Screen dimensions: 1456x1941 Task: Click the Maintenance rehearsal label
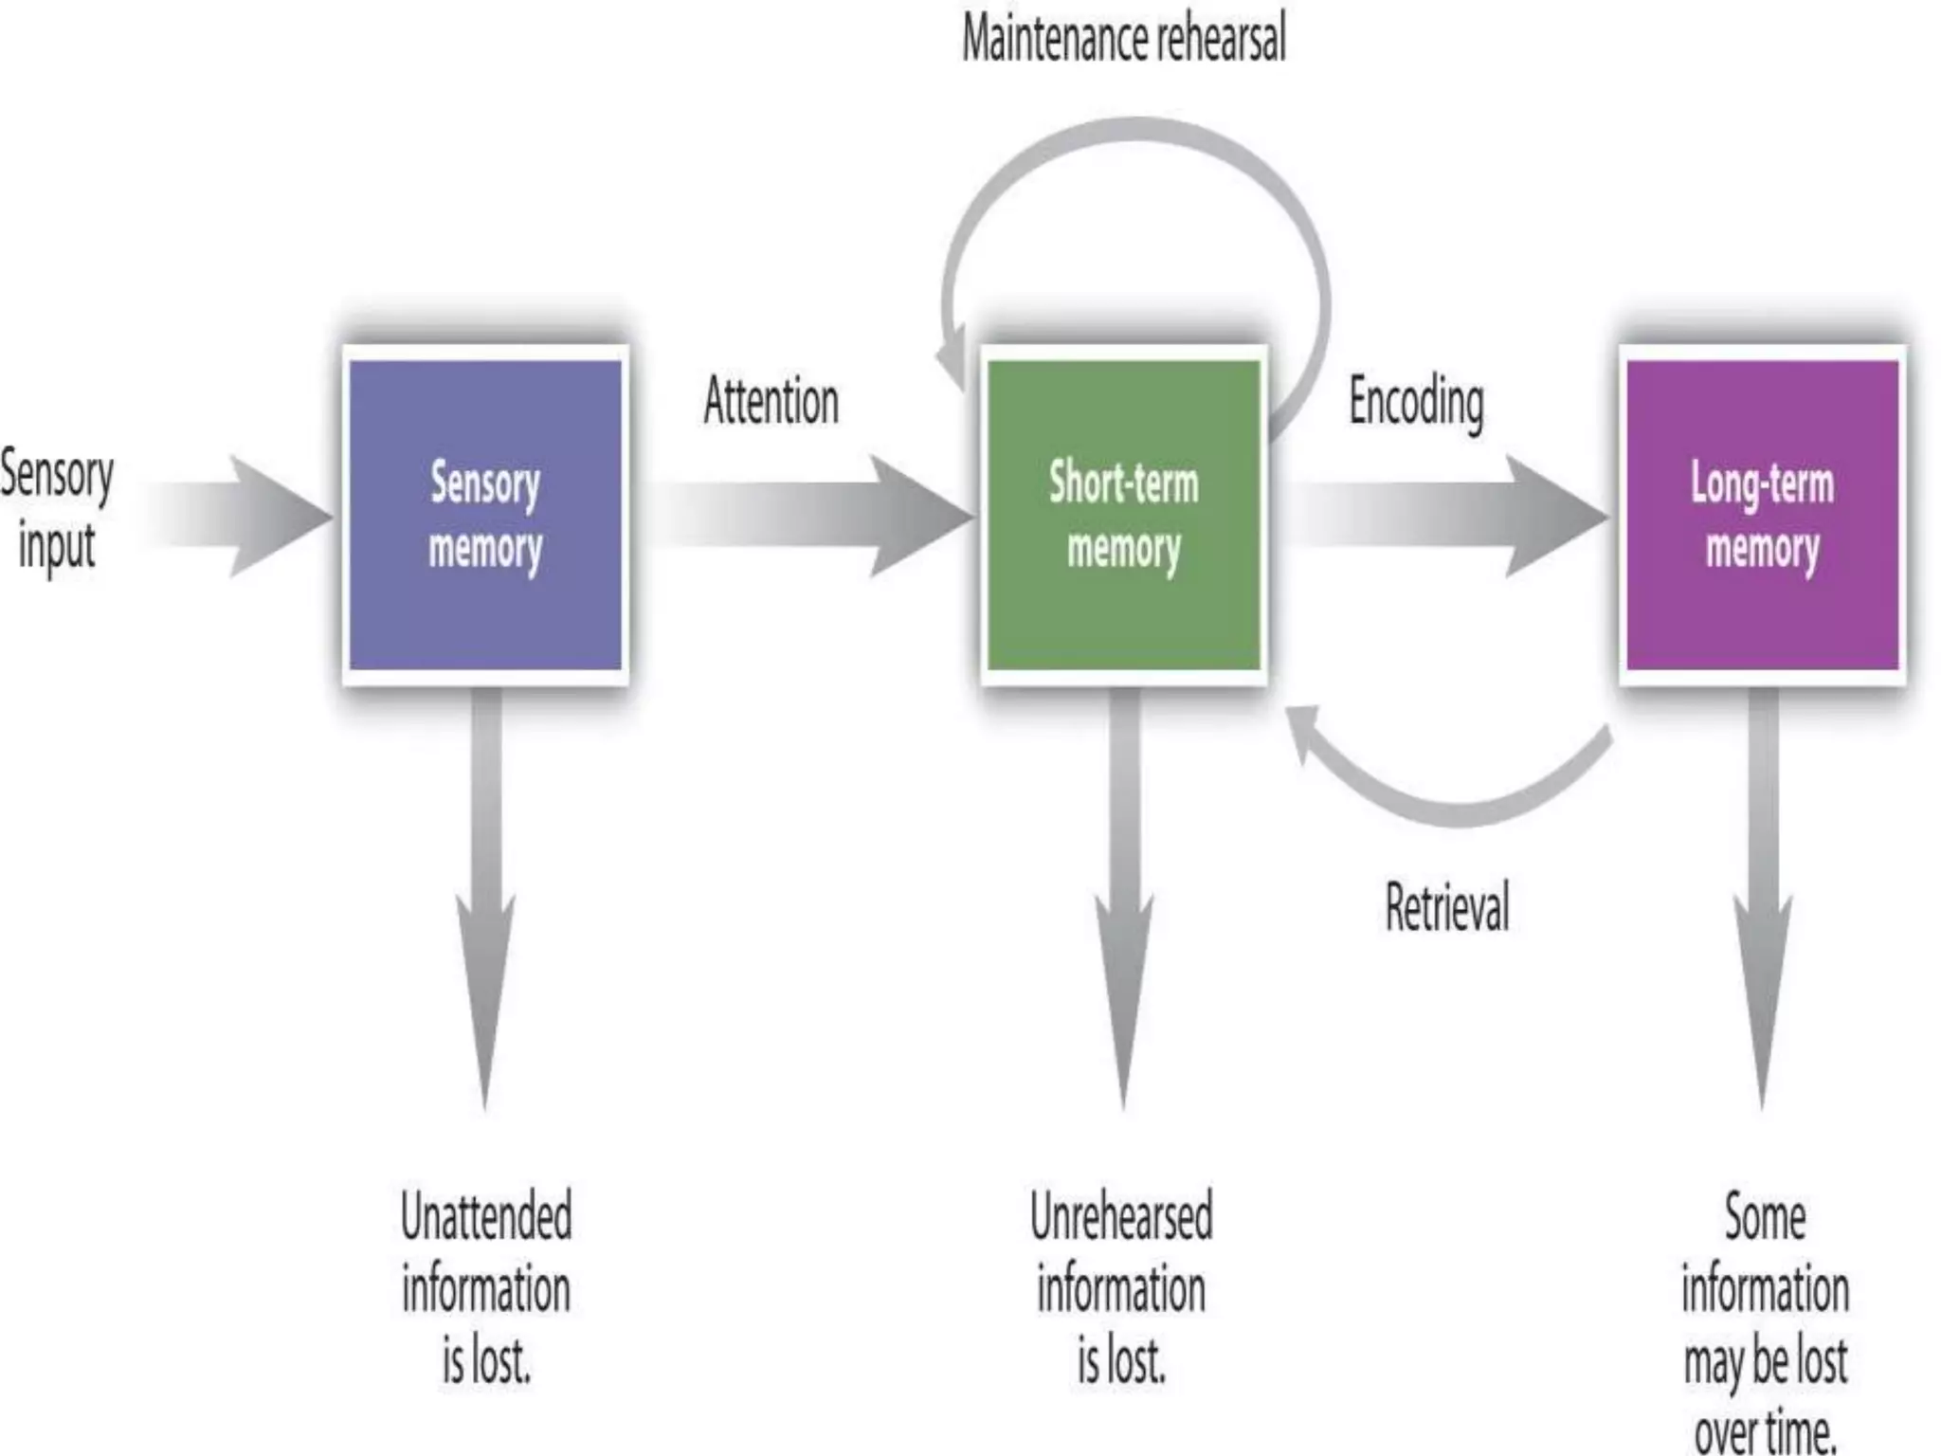point(1124,40)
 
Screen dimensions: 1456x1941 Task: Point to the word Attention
point(771,401)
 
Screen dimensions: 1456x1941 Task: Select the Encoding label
point(1416,403)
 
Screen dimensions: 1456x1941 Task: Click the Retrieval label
point(1446,907)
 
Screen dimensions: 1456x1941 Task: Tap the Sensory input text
point(57,510)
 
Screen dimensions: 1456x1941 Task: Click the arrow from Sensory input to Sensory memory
point(237,517)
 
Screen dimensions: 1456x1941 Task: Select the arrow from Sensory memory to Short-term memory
point(806,517)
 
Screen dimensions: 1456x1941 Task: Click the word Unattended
point(486,1216)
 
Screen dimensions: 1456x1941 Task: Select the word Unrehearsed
point(1121,1216)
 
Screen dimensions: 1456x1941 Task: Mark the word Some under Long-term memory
point(1765,1216)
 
